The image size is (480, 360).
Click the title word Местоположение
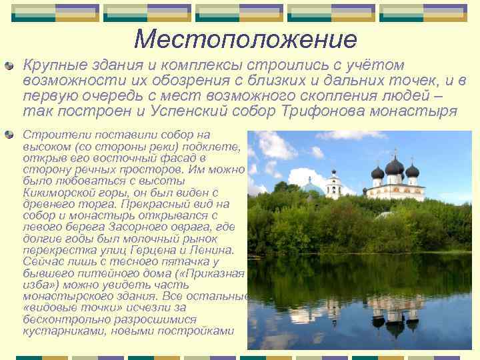coord(245,39)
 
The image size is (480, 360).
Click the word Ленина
coord(211,250)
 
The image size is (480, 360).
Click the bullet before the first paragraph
coord(9,66)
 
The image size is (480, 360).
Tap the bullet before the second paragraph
coord(9,135)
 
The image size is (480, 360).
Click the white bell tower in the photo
coord(333,183)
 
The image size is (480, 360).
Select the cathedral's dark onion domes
coord(395,169)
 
